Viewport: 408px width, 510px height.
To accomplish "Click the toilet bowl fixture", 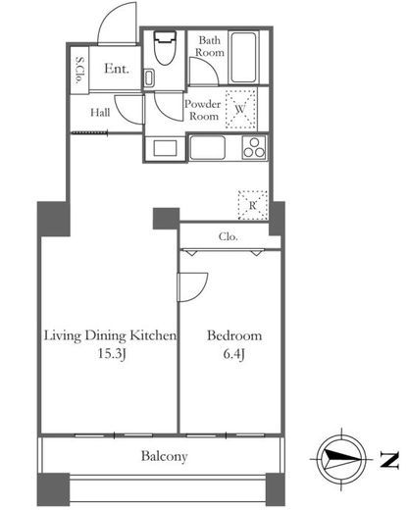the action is [x=165, y=47].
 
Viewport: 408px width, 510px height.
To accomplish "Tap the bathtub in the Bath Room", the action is [x=243, y=57].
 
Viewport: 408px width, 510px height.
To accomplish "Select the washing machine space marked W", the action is [x=240, y=109].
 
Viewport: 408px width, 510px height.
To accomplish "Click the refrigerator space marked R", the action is [x=253, y=205].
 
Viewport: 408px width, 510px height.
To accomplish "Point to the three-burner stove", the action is [x=254, y=148].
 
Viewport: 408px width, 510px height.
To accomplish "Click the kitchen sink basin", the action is [x=207, y=148].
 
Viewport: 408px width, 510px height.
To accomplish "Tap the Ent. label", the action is [x=117, y=69].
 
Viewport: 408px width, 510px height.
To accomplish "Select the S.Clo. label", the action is [x=79, y=70].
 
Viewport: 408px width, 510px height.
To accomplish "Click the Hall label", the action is [x=100, y=113].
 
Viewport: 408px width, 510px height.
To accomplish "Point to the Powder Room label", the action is [x=203, y=110].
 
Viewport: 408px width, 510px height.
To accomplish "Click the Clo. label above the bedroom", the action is [x=229, y=236].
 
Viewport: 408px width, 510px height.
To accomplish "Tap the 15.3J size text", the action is [x=112, y=354].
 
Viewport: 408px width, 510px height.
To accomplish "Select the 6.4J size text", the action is [x=234, y=354].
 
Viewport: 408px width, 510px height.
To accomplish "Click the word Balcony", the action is [x=165, y=456].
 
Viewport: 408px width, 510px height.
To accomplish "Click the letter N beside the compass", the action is [x=389, y=460].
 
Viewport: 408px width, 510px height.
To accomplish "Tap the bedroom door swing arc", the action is [x=200, y=291].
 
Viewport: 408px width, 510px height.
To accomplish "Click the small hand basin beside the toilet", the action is [x=149, y=77].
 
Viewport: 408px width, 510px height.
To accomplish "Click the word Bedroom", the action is [x=234, y=335].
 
